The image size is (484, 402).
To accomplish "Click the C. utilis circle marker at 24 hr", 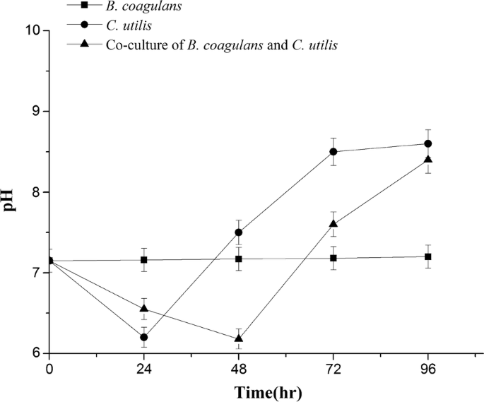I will click(144, 337).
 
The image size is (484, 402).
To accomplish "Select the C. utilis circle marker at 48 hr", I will click(239, 232).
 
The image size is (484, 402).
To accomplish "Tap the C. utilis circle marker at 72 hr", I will click(334, 152).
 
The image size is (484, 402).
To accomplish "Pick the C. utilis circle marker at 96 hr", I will click(428, 143).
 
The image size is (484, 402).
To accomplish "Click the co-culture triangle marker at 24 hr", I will click(144, 309).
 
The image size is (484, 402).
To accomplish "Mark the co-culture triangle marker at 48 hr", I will click(239, 338).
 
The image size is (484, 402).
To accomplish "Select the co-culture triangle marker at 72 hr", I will click(334, 223).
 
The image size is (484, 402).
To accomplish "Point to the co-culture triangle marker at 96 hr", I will click(428, 159).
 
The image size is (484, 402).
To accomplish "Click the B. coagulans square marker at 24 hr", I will click(144, 260).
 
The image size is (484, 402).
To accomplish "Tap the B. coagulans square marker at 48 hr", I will click(239, 259).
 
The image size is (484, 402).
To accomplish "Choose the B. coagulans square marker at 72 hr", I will click(334, 258).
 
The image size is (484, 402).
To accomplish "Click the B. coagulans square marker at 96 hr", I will click(428, 256).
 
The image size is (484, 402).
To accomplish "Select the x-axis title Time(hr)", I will click(239, 390).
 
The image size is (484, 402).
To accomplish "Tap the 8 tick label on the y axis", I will click(37, 192).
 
